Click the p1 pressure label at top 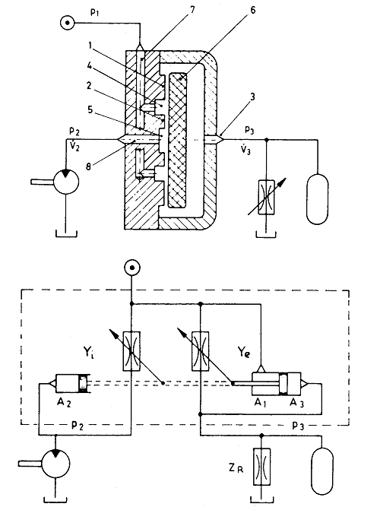(95, 13)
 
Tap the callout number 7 (192, 10)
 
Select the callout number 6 (252, 10)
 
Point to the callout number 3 (252, 97)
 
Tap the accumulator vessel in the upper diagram (317, 199)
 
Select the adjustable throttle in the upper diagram (266, 197)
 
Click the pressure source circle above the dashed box (132, 268)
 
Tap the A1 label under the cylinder (261, 403)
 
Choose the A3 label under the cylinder (296, 403)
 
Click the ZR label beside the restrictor (236, 468)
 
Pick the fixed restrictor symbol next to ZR (262, 467)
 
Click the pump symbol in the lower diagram (55, 464)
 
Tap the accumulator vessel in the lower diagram (321, 471)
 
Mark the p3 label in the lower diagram (298, 426)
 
